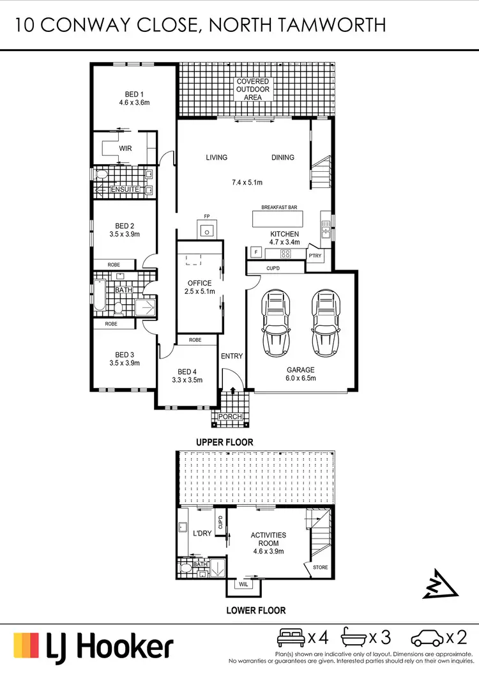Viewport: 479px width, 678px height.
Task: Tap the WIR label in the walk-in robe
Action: pyautogui.click(x=124, y=148)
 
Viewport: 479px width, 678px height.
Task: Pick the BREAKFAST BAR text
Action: pyautogui.click(x=280, y=208)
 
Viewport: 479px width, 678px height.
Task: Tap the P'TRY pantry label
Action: pyautogui.click(x=316, y=256)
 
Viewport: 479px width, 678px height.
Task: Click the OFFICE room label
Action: pyautogui.click(x=199, y=283)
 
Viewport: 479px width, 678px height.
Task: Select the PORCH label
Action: pyautogui.click(x=230, y=417)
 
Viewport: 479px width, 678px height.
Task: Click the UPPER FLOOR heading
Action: pyautogui.click(x=225, y=442)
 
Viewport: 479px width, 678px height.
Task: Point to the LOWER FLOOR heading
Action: pyautogui.click(x=255, y=610)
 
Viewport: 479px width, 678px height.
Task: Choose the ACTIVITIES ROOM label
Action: pyautogui.click(x=268, y=539)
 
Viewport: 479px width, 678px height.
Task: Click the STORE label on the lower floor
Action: pyautogui.click(x=321, y=567)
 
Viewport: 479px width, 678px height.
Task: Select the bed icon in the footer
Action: pyautogui.click(x=291, y=637)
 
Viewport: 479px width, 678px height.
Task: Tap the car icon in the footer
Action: pyautogui.click(x=426, y=637)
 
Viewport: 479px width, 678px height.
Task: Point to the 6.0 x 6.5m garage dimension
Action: pyautogui.click(x=300, y=378)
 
